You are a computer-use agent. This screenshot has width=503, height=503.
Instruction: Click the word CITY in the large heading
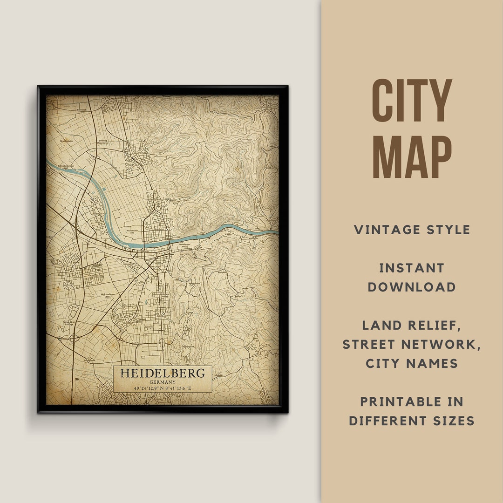[412, 101]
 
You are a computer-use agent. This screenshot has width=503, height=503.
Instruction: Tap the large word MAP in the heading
[412, 157]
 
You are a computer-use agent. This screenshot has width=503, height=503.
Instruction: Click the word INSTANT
[412, 268]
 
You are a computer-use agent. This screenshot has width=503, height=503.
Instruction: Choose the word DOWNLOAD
[412, 287]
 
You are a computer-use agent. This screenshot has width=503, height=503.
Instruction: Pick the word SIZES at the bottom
[453, 421]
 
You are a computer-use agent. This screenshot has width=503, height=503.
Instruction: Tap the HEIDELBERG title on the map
[162, 373]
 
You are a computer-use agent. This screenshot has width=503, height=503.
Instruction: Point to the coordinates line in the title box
[162, 388]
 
